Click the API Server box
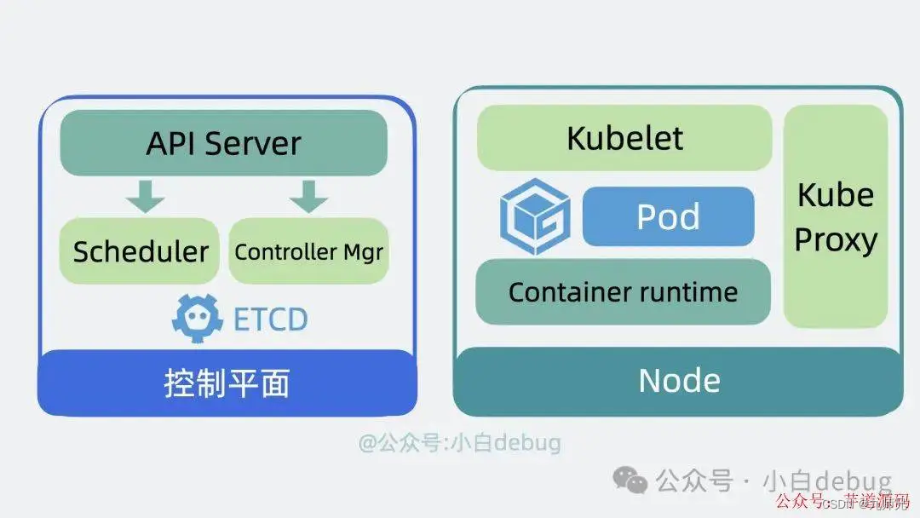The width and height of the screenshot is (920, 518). click(x=223, y=142)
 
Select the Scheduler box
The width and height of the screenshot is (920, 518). click(x=141, y=251)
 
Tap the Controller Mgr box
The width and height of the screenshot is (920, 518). click(x=308, y=251)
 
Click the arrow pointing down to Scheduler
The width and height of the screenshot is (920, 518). click(x=146, y=196)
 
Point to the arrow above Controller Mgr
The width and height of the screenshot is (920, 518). click(x=308, y=196)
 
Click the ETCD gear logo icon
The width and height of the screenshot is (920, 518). click(x=198, y=318)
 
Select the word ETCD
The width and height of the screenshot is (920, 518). click(x=270, y=319)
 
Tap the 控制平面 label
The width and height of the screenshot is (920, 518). click(x=227, y=383)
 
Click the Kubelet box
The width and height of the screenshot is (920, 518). click(x=624, y=137)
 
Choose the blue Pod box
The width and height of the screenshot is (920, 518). click(x=669, y=216)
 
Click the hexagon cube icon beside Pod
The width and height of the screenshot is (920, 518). click(x=534, y=216)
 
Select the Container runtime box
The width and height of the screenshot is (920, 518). click(x=623, y=292)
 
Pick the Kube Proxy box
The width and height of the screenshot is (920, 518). click(x=836, y=216)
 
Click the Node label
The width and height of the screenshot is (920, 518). click(x=679, y=380)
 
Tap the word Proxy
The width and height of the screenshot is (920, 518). click(x=836, y=239)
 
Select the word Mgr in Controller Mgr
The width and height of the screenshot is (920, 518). click(x=363, y=252)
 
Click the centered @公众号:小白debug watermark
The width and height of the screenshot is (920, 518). click(x=459, y=443)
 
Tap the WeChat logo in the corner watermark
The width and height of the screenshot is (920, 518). click(x=631, y=481)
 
